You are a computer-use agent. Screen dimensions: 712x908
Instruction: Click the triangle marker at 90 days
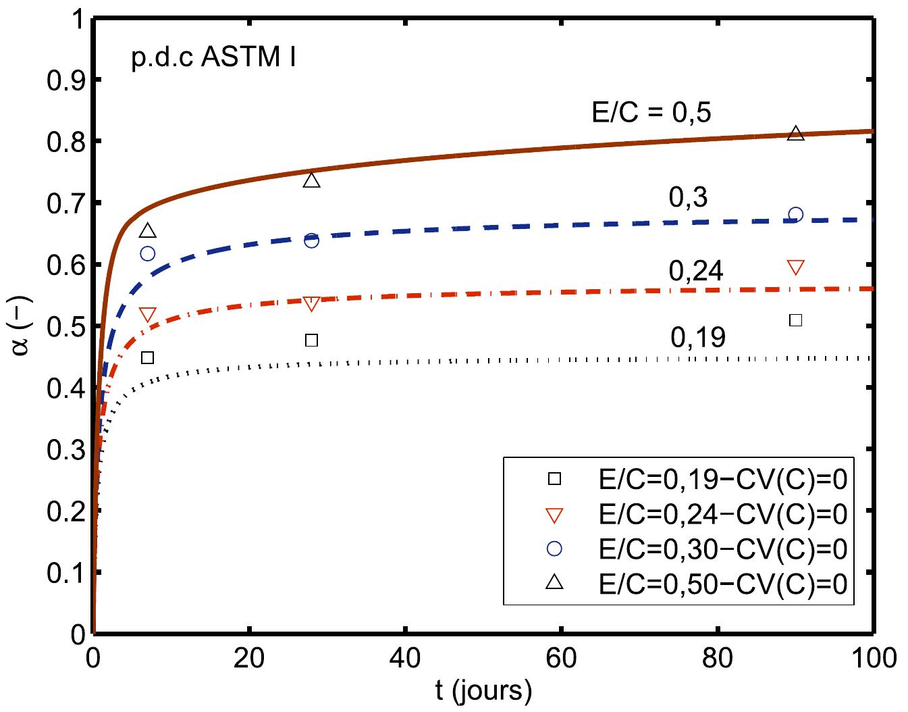click(x=796, y=134)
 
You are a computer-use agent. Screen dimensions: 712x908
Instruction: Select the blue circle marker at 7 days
click(x=147, y=253)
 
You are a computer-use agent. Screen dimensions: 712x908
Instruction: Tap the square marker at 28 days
click(x=311, y=340)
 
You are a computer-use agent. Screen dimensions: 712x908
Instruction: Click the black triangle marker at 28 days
click(x=311, y=180)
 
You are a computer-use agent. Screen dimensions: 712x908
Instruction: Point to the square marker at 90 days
click(x=796, y=320)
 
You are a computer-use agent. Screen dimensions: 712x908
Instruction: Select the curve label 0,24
click(x=696, y=272)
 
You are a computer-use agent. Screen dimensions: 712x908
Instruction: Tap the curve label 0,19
click(x=698, y=337)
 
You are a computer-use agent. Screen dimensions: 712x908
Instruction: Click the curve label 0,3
click(x=689, y=197)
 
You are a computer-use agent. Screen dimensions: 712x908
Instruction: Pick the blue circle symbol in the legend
click(x=554, y=549)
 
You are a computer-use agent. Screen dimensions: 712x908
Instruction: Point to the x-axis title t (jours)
click(x=483, y=691)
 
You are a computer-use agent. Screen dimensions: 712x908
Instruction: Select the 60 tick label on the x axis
click(x=562, y=657)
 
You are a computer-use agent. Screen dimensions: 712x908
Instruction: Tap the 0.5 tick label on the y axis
click(x=64, y=327)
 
